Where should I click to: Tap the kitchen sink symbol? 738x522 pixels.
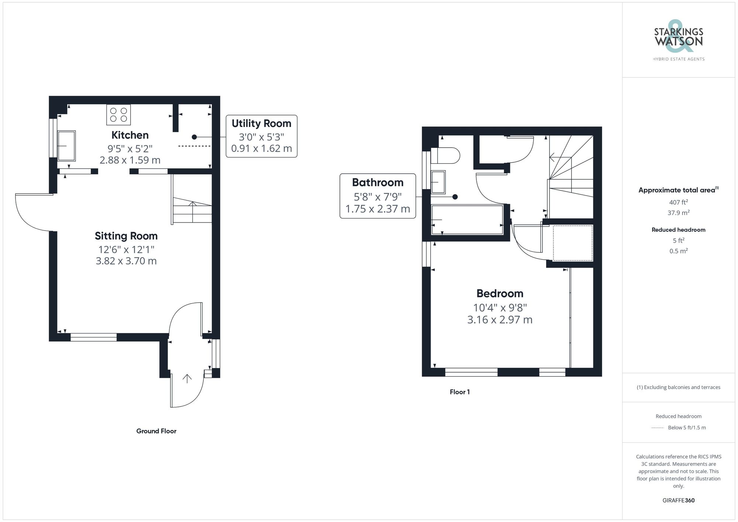point(66,146)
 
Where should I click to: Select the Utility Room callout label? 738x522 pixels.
point(261,136)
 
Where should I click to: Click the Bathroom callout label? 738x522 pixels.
point(377,196)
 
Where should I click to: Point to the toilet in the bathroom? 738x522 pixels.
point(445,155)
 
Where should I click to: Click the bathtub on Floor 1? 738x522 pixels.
point(467,220)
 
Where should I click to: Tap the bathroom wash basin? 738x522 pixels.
point(438,182)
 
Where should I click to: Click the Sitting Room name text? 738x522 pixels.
point(126,236)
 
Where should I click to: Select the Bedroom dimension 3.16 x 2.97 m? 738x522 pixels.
point(500,319)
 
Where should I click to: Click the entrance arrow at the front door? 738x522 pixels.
point(187,378)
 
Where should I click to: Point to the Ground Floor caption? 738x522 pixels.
point(156,431)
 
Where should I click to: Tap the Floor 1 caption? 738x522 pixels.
point(459,392)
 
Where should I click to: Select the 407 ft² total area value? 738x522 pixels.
point(678,202)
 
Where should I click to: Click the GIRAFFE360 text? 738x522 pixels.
point(678,500)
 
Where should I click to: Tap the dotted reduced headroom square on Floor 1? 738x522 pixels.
point(573,243)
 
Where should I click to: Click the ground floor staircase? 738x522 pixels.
point(192,199)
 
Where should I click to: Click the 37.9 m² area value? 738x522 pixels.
point(678,213)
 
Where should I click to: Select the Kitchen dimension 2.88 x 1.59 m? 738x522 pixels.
point(130,160)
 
